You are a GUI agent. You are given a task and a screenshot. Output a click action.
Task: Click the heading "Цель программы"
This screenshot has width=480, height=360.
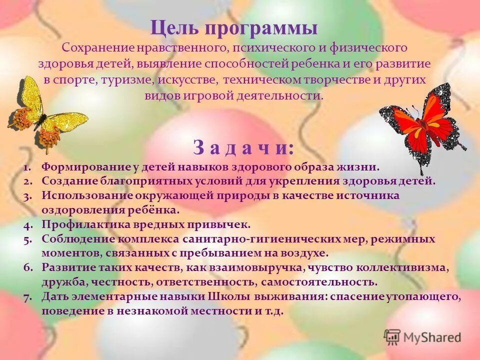234,27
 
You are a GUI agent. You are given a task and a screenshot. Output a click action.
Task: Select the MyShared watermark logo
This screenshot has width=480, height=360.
422,336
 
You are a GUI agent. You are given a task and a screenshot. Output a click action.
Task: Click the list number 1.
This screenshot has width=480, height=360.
28,167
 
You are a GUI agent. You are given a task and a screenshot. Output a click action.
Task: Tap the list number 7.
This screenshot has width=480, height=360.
28,297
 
